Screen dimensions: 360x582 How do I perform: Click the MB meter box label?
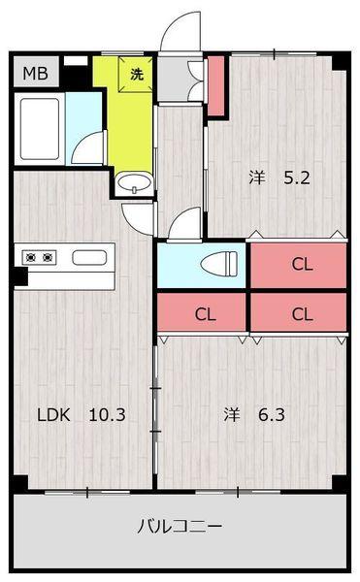36,73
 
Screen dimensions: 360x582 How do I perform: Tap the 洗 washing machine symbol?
136,74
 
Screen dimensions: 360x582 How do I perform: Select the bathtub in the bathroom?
40,128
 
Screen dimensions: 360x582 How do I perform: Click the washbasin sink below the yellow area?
134,183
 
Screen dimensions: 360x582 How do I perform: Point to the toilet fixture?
219,264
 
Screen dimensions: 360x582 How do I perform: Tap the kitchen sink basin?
89,257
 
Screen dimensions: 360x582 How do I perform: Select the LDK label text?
53,414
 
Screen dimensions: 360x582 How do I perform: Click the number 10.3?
108,414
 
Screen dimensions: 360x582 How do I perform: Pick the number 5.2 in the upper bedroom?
297,178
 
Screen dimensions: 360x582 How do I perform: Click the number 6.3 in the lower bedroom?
272,414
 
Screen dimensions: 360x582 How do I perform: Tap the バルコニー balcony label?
180,526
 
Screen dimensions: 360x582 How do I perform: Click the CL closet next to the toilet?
299,265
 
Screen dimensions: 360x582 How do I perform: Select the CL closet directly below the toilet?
202,312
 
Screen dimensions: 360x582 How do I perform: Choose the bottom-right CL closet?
299,312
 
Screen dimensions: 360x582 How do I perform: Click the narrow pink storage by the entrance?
216,85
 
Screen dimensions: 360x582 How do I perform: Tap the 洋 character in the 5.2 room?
257,178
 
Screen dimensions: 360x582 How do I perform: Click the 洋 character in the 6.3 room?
232,414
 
